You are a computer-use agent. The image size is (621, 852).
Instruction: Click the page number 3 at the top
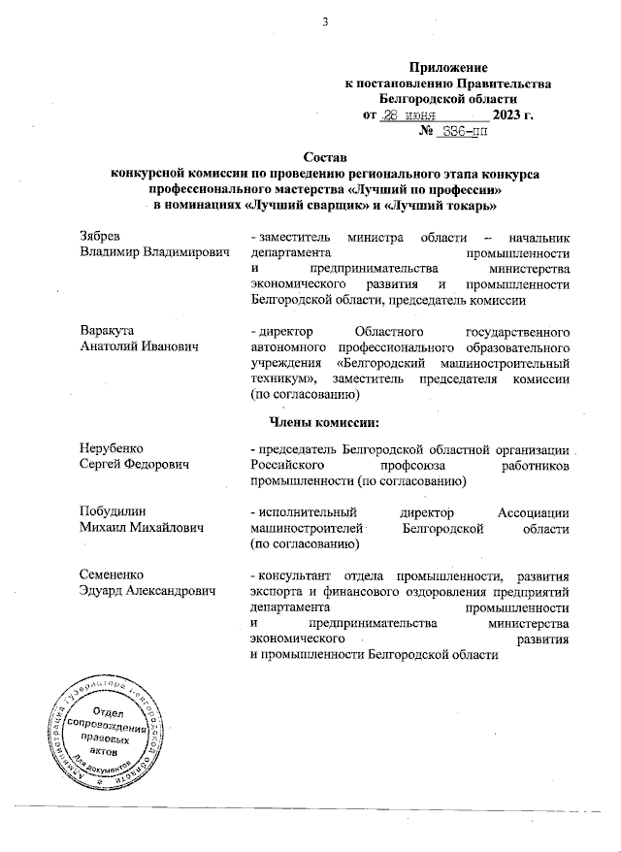(x=312, y=23)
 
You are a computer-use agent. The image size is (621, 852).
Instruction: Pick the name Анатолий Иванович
(x=140, y=347)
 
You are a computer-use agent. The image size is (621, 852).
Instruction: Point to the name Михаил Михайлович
(x=143, y=528)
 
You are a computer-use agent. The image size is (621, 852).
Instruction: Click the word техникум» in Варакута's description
(x=283, y=379)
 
